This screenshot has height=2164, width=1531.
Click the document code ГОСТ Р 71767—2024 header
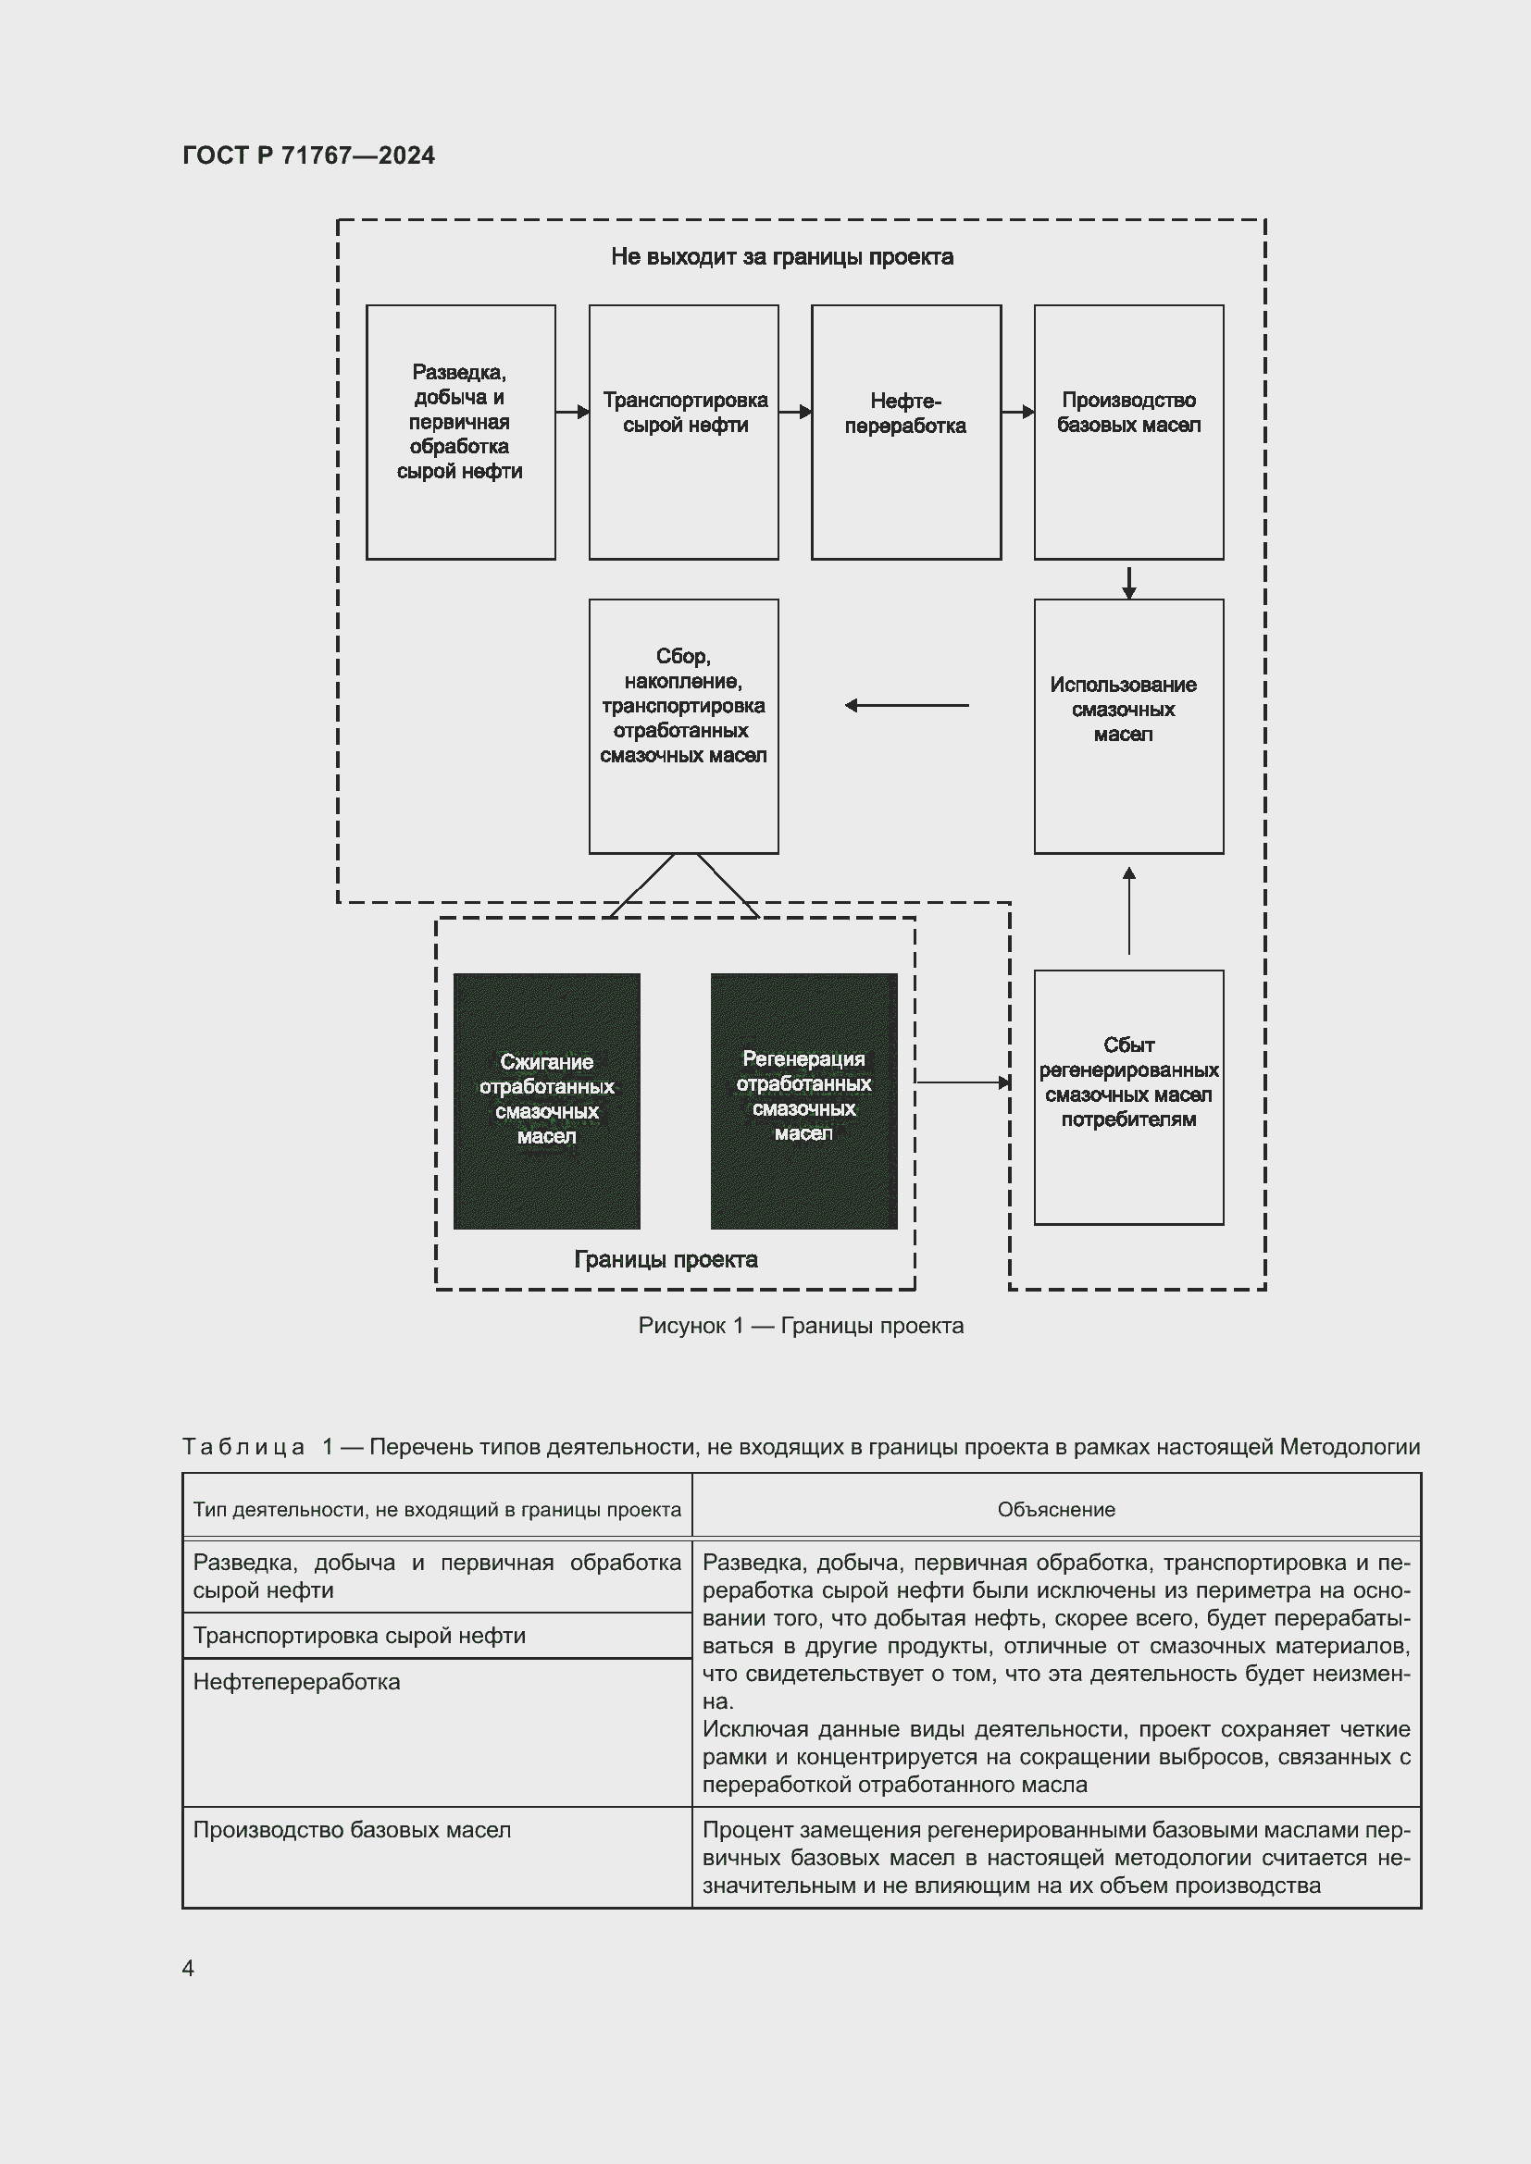coord(308,155)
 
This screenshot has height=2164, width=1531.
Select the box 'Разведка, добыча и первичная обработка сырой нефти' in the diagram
coord(460,432)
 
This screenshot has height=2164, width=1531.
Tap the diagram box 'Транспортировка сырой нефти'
coord(683,432)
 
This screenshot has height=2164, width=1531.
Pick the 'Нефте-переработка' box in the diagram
coord(905,432)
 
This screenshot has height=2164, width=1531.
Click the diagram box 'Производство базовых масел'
coord(1128,432)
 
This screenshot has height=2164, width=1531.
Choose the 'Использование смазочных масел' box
coord(1128,725)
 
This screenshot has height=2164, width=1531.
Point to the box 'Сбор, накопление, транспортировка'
coord(683,725)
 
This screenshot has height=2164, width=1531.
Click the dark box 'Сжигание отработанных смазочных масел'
coord(547,1100)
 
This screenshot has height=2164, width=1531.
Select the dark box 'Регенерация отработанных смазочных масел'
coord(803,1100)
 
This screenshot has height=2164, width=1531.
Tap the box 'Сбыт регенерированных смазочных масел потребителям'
coord(1128,1097)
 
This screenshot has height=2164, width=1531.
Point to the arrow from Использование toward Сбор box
coord(906,705)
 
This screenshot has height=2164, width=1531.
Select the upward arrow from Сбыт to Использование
coord(1128,910)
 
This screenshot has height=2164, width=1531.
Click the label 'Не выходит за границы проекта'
coord(781,257)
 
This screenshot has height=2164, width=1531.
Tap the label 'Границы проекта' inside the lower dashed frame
coord(666,1259)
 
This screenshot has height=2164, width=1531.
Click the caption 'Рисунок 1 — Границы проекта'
coord(801,1325)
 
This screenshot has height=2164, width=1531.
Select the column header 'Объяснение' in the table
coord(1056,1509)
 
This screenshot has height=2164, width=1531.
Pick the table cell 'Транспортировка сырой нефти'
coord(359,1635)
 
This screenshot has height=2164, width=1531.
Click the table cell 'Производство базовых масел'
coord(352,1829)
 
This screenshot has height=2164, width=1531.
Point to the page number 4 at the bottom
coord(188,1967)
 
